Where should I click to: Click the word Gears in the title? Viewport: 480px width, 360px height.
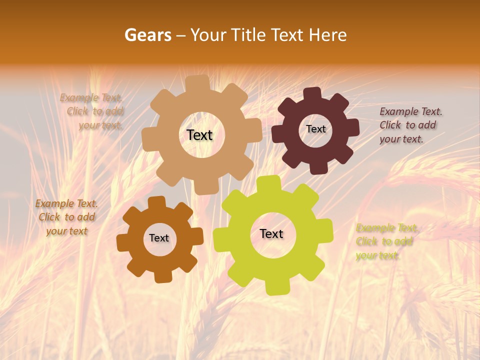(148, 35)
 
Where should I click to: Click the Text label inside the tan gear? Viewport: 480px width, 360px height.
(199, 135)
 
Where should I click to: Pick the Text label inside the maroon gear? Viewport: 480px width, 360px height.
(315, 129)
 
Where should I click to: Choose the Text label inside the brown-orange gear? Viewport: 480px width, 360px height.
(159, 238)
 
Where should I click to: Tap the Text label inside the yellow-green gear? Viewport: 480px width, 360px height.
(271, 233)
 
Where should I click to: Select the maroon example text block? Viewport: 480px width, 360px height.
(410, 125)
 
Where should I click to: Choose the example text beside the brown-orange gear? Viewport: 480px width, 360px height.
(66, 217)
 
